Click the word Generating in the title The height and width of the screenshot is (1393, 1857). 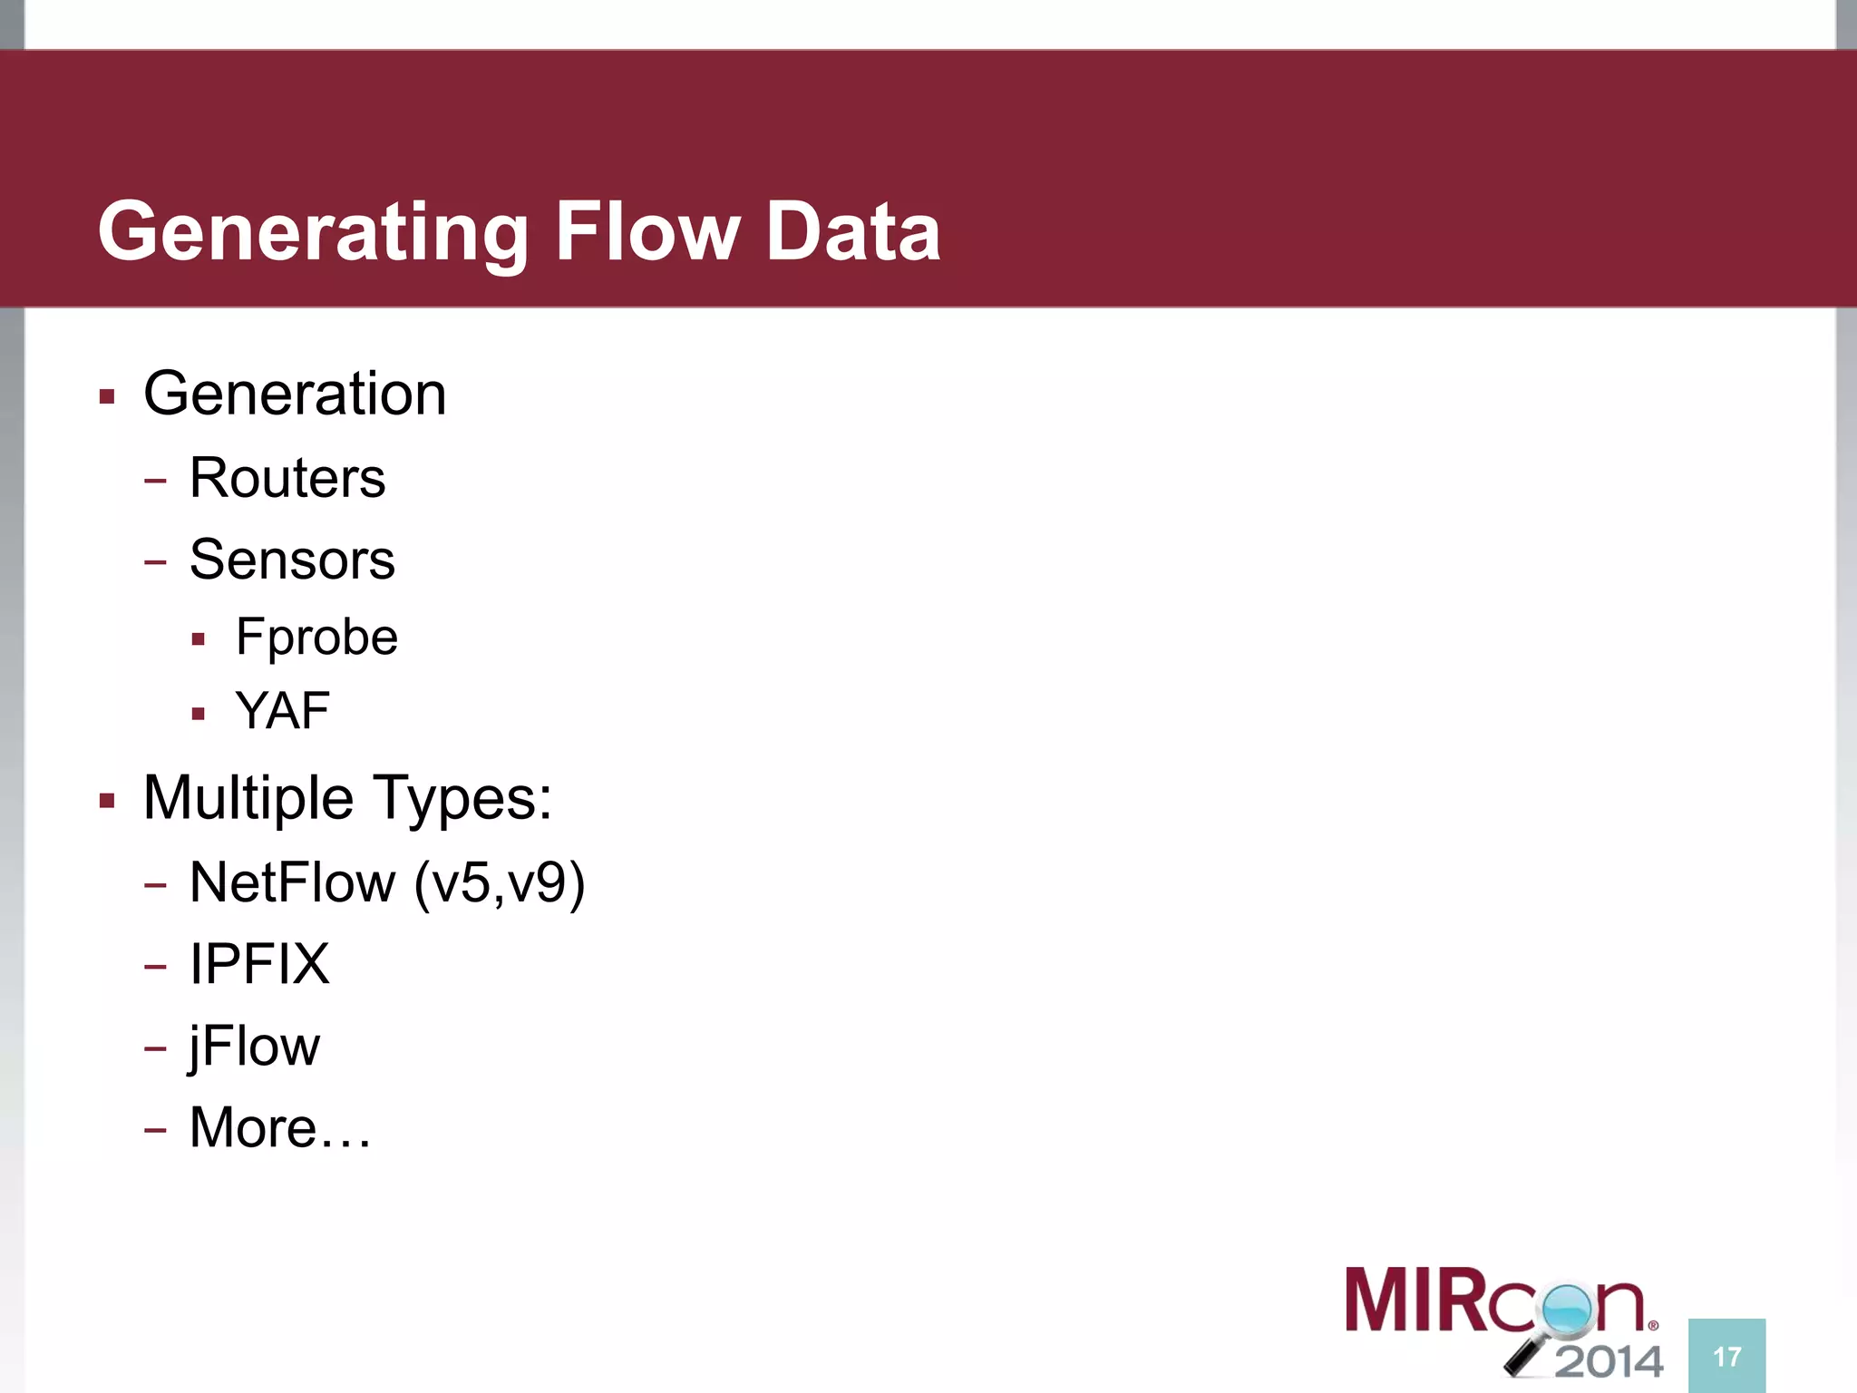(x=313, y=232)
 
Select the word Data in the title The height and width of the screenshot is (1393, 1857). (x=852, y=232)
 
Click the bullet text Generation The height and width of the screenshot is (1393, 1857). (x=295, y=395)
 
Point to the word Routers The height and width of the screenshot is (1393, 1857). (x=287, y=478)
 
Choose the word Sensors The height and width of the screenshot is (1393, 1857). (x=292, y=560)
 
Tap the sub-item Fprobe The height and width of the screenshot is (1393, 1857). (x=316, y=637)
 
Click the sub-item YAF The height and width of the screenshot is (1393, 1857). (x=282, y=710)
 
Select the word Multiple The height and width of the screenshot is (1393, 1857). (x=248, y=798)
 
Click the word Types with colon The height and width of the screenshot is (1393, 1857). (x=463, y=798)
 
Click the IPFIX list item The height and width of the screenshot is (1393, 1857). (x=259, y=963)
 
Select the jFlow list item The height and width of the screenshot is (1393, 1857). (x=254, y=1046)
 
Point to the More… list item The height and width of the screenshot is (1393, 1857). (x=280, y=1127)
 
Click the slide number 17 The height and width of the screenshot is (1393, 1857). (x=1726, y=1357)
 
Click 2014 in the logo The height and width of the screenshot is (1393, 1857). (x=1609, y=1360)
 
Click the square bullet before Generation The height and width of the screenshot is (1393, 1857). (x=107, y=396)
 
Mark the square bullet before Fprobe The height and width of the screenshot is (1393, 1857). (x=199, y=639)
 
